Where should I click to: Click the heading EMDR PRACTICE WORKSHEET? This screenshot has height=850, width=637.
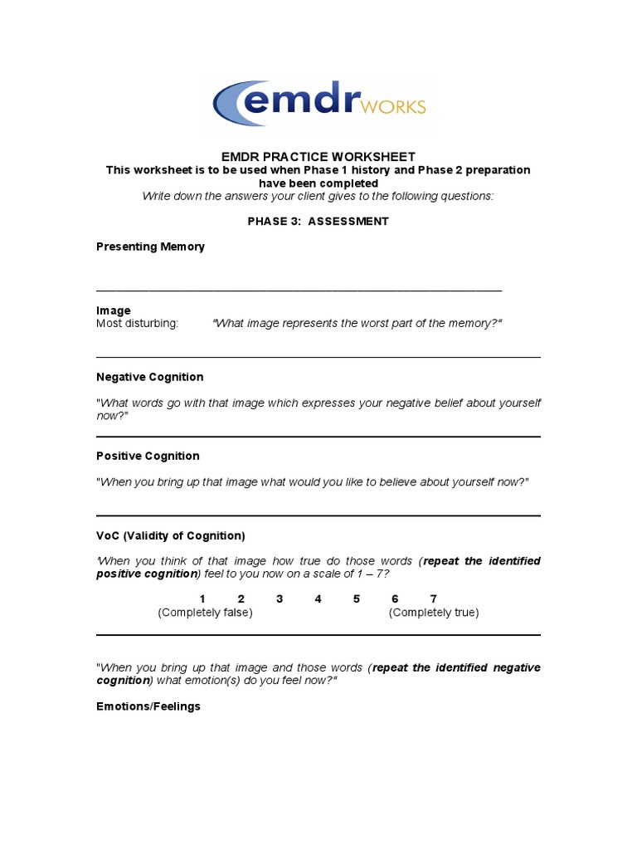[318, 157]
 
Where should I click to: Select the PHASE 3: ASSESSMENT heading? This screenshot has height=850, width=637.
[318, 222]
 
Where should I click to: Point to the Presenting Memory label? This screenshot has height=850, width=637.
[150, 247]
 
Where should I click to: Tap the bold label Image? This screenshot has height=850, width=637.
[114, 310]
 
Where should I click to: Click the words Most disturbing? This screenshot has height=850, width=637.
[137, 323]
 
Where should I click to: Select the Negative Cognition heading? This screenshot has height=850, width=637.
[149, 377]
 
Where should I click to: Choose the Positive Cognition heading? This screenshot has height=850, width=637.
[148, 456]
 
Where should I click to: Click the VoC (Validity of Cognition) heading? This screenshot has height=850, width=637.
[170, 535]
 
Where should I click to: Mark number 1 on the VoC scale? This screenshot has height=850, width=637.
[202, 599]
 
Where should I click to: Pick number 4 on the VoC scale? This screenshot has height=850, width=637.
[318, 599]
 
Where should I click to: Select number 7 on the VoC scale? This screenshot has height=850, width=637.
[433, 599]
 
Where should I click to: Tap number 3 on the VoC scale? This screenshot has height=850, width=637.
[280, 599]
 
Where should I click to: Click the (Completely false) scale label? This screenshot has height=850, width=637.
[205, 613]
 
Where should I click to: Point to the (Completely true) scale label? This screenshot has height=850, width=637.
[434, 613]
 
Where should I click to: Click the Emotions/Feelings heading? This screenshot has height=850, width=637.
[148, 706]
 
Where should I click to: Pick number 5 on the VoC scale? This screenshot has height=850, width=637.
[357, 599]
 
